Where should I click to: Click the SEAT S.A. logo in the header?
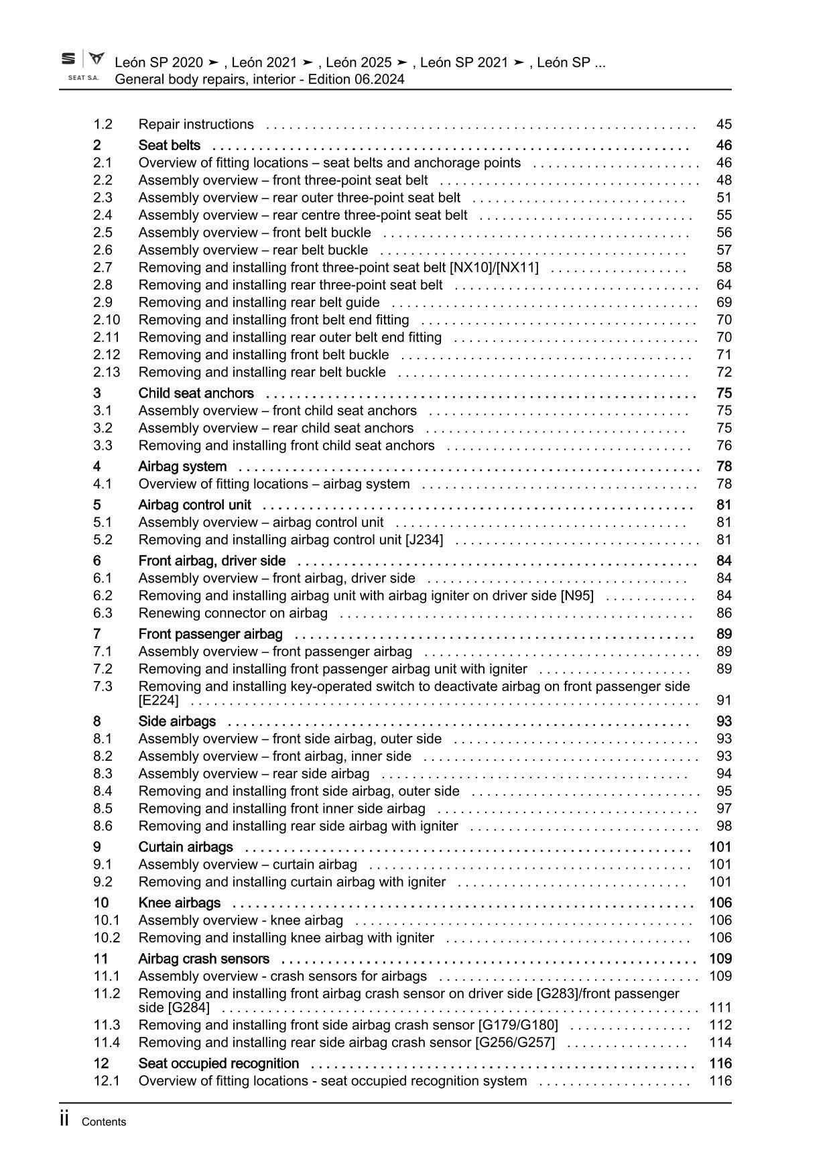(83, 66)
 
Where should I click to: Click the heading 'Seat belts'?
(169, 145)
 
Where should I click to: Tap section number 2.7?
(103, 267)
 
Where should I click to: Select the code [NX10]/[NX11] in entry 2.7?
(494, 267)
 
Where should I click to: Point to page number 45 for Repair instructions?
(724, 124)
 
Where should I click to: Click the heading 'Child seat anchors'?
(196, 393)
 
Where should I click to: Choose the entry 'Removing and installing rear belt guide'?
(259, 302)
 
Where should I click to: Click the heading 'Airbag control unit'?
(194, 505)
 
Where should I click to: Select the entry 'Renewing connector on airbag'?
(233, 613)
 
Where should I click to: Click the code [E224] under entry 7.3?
(159, 700)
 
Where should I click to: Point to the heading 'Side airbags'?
(177, 721)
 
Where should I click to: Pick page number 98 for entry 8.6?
(724, 826)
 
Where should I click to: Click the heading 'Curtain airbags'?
(186, 847)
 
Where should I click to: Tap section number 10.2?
(107, 938)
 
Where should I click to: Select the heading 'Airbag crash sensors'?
(204, 958)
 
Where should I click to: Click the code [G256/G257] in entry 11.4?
(515, 1042)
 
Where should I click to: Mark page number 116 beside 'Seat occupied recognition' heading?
(720, 1063)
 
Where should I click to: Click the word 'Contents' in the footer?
(103, 1122)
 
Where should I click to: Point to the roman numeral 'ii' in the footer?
(64, 1119)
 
